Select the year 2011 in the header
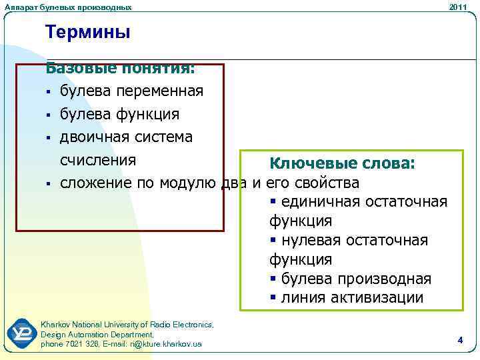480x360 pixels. point(458,7)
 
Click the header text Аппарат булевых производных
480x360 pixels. point(67,7)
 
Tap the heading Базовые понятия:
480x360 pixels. point(119,68)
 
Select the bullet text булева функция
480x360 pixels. point(119,114)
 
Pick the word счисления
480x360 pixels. point(98,160)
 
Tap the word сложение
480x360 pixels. point(96,183)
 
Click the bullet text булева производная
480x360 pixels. point(356,279)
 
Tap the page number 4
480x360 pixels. point(460,340)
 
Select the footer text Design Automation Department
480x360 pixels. point(97,334)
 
